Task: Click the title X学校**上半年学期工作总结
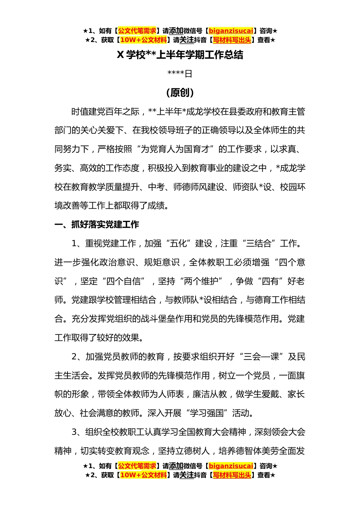point(180,55)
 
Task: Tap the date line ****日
point(180,74)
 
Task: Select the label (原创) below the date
point(180,93)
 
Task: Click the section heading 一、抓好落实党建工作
point(97,225)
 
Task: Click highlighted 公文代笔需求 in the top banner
point(137,31)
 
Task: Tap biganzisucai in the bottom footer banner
point(231,466)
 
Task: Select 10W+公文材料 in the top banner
point(143,40)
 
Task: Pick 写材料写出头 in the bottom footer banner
point(232,475)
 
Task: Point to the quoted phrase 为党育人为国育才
point(175,149)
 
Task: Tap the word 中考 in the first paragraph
point(156,187)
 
